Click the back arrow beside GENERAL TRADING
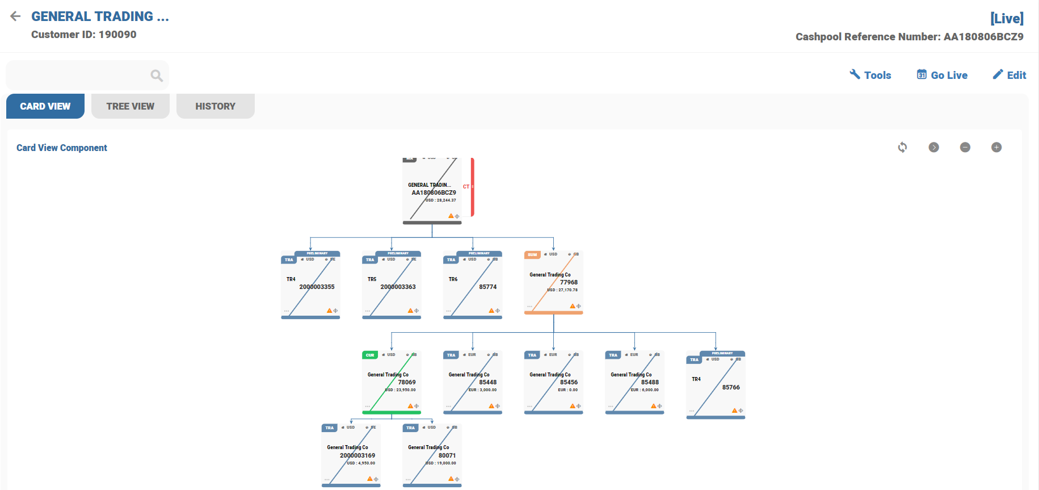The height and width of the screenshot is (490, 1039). tap(15, 16)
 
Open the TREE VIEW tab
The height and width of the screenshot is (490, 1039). tap(130, 106)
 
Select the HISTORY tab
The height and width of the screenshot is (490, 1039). tap(215, 106)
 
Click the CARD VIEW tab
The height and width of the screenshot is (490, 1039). tap(45, 106)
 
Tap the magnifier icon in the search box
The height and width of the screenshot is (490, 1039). tap(157, 76)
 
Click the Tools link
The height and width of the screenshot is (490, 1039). tap(870, 75)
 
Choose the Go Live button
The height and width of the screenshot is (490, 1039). tap(942, 75)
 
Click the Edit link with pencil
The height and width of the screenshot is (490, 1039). tap(1009, 75)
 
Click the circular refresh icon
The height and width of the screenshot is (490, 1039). tap(902, 148)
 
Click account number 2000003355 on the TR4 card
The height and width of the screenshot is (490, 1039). tap(317, 287)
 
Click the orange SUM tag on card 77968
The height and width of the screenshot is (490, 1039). tap(532, 255)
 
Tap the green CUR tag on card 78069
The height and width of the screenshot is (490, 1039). tap(370, 355)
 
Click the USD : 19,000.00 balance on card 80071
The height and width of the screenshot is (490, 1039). tap(441, 463)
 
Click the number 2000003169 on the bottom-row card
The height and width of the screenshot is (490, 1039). tap(357, 455)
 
